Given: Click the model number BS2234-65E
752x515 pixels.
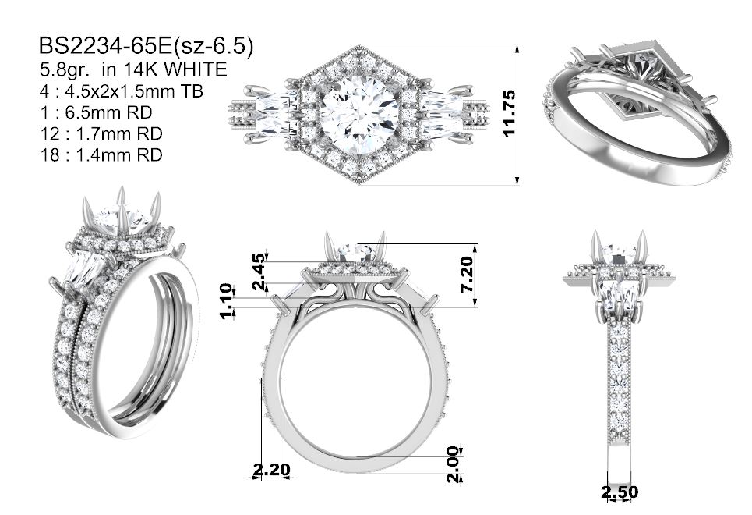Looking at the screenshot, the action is [104, 47].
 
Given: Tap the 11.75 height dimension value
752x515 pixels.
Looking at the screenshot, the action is [510, 113].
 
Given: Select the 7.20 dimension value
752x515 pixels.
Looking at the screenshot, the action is [466, 275].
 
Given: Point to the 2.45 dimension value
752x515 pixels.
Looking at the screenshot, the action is [259, 272].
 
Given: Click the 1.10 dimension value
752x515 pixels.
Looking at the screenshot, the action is [227, 301].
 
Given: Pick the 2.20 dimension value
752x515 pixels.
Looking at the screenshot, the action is [271, 469].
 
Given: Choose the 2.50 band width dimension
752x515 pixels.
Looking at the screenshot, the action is [620, 492].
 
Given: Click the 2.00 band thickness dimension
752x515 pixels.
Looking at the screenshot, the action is [453, 464].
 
